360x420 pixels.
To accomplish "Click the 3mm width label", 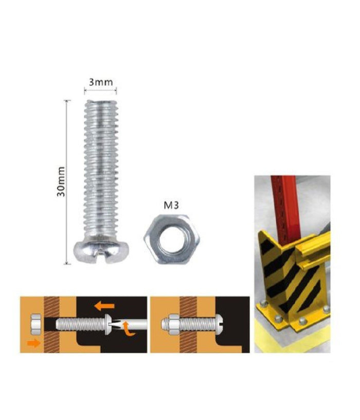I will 100,82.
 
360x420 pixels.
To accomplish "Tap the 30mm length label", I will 61,181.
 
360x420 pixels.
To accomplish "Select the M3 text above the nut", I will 171,206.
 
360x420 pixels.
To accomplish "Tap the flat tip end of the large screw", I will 100,103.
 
